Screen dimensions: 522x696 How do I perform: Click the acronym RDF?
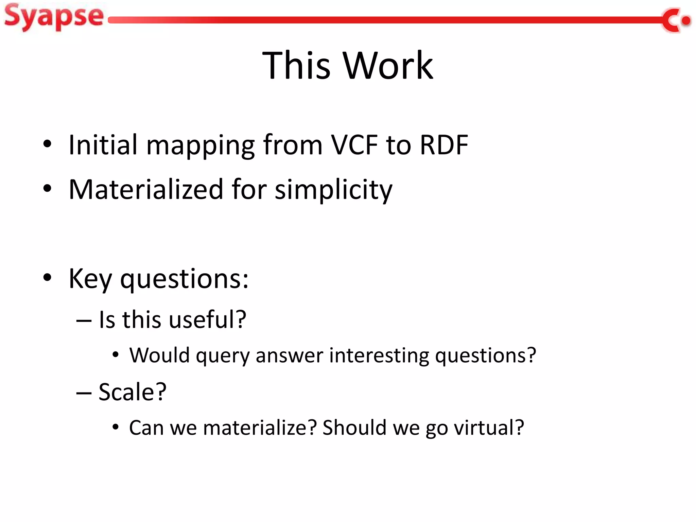[x=444, y=145]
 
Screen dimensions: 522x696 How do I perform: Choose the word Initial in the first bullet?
[x=103, y=145]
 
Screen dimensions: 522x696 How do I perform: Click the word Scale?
[x=133, y=392]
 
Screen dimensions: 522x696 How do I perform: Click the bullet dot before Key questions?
[x=47, y=278]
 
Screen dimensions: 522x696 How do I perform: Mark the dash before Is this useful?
[x=84, y=320]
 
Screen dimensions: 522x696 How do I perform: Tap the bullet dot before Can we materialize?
[x=116, y=427]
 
